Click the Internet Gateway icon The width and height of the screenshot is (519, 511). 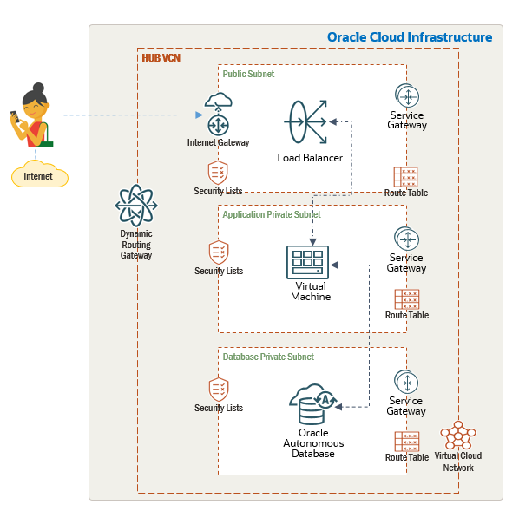point(218,115)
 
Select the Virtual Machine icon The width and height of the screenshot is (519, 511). point(307,263)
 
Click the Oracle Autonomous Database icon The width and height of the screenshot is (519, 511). point(313,404)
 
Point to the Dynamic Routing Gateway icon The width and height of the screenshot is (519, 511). point(136,206)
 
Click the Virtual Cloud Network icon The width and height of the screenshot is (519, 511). point(458,435)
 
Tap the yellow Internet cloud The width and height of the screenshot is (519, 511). point(40,174)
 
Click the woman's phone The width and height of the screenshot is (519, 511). point(15,116)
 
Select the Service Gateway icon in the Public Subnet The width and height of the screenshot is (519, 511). point(407,95)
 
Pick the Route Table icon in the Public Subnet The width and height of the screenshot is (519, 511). point(406,177)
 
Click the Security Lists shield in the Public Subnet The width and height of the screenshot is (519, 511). point(218,173)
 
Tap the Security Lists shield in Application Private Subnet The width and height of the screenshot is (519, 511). point(219,252)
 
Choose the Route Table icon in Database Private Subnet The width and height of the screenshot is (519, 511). point(407,442)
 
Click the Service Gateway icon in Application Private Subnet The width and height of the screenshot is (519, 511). point(406,239)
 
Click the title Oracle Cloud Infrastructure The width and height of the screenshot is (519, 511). point(410,37)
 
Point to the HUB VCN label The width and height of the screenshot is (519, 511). point(161,58)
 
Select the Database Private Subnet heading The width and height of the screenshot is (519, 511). point(268,357)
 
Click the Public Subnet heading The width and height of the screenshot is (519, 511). point(248,74)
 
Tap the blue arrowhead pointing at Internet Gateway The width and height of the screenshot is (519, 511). point(199,115)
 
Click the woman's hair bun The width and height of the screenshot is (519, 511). point(38,88)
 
